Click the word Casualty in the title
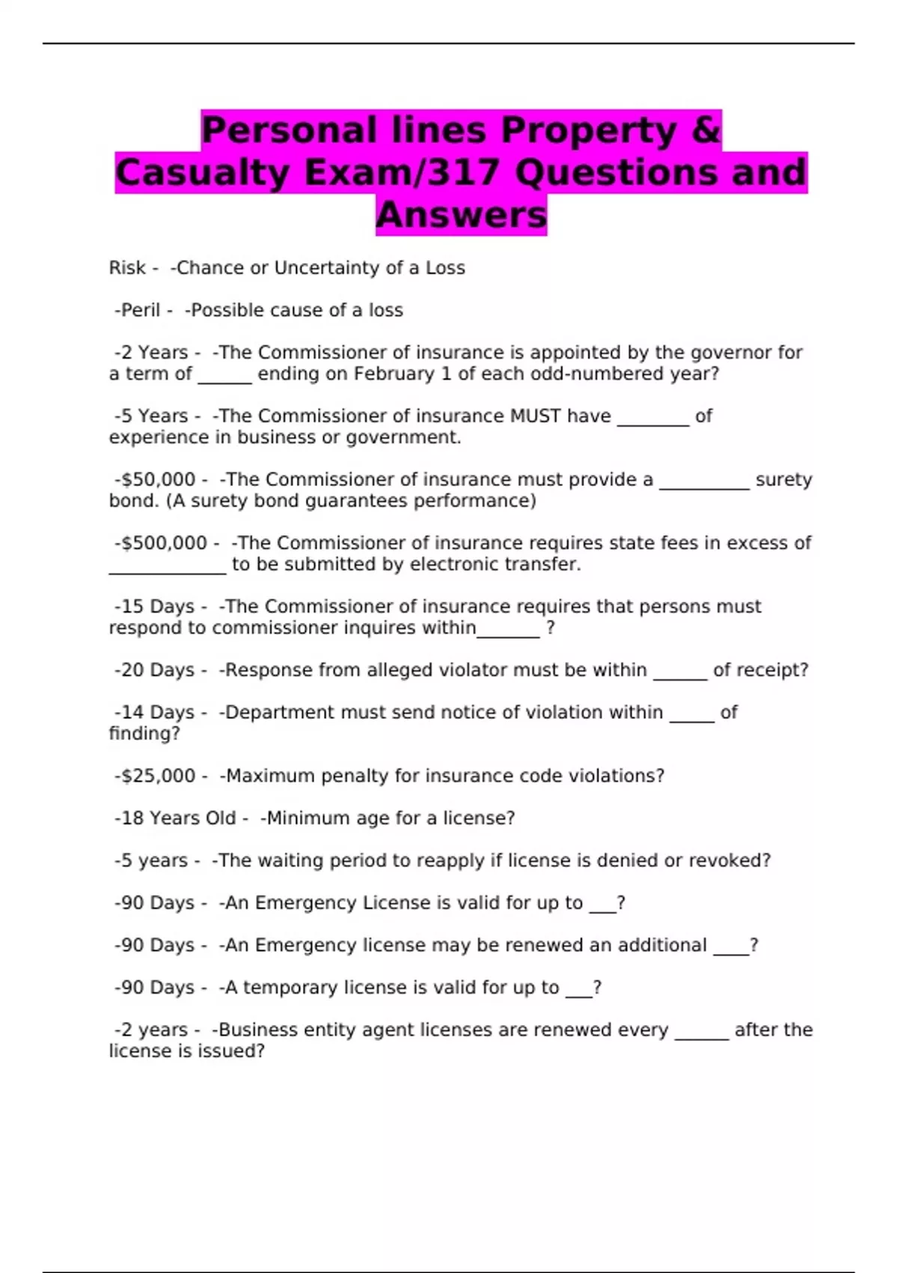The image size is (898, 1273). (201, 173)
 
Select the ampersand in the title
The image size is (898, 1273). (706, 130)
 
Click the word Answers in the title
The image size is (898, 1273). (461, 216)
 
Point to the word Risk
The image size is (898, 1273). (127, 268)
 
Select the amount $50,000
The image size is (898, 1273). (159, 480)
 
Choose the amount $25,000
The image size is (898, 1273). (159, 777)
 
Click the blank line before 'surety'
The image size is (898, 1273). (704, 487)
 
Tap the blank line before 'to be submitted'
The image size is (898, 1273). (167, 571)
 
